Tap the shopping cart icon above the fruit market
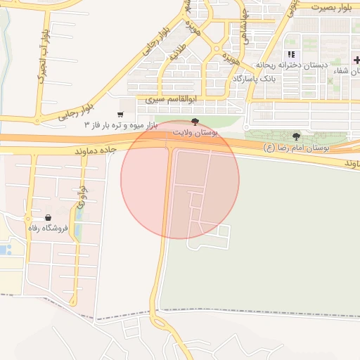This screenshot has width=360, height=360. [x=121, y=114]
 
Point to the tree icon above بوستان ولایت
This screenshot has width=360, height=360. [x=195, y=122]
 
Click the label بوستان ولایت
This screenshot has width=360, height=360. [x=197, y=132]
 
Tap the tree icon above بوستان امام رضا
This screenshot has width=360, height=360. [x=296, y=136]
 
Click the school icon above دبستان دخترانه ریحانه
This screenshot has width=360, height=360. [x=291, y=55]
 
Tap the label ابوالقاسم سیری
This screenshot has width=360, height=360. [x=168, y=100]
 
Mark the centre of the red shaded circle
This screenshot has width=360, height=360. [x=180, y=179]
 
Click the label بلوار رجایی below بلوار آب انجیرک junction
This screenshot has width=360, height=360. [x=76, y=112]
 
